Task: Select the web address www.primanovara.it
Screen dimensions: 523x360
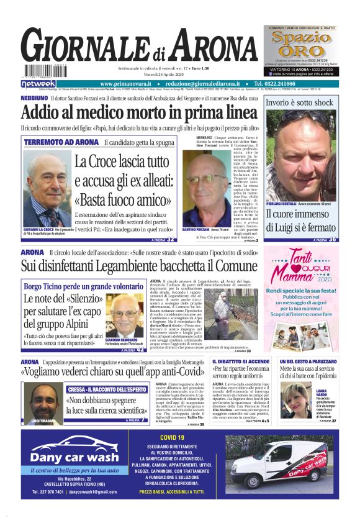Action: pyautogui.click(x=128, y=84)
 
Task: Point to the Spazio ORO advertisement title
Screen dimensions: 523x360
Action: pyautogui.click(x=305, y=45)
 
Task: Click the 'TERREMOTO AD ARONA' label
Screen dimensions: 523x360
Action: pyautogui.click(x=61, y=143)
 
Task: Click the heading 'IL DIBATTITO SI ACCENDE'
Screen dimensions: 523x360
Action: pyautogui.click(x=241, y=362)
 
